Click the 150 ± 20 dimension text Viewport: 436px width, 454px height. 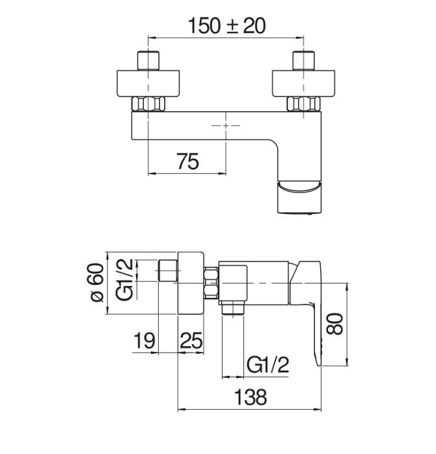click(226, 26)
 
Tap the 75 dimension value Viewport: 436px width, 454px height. click(188, 161)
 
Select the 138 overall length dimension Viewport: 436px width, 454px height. click(251, 397)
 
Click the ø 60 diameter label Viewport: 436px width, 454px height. click(97, 282)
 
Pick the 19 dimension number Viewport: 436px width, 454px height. click(144, 341)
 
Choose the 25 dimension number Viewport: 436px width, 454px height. click(191, 341)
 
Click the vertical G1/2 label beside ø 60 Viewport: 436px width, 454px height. click(124, 279)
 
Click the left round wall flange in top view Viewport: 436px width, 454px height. click(148, 83)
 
